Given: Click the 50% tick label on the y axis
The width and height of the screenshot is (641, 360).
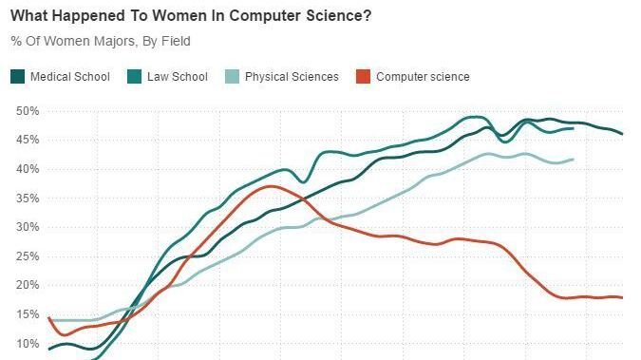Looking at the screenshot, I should coord(26,111).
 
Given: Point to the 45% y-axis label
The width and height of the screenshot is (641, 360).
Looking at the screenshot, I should coord(26,140).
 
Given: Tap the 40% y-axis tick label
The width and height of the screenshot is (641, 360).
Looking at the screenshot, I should coord(26,169).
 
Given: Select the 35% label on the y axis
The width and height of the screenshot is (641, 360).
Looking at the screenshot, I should coord(26,199).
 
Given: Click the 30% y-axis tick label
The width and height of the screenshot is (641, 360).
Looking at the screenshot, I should coord(26,227).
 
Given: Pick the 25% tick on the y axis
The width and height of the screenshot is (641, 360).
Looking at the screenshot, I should coord(26,256).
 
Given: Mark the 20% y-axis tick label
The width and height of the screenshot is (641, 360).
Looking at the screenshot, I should coord(26,285).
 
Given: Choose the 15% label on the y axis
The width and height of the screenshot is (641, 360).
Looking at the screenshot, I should coord(26,314).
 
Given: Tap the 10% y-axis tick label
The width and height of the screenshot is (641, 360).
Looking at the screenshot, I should coord(26,344).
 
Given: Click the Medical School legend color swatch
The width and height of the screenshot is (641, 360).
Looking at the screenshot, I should coord(17,77).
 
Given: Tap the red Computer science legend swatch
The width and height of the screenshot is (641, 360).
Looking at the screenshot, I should coord(362,77).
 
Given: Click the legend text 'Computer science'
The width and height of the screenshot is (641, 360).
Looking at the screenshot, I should coord(423,77).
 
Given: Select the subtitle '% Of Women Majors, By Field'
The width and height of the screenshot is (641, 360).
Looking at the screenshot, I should coord(101,40).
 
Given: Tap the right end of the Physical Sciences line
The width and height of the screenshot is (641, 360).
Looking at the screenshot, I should coord(573,160).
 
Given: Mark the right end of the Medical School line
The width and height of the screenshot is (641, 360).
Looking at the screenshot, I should coord(623,134).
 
